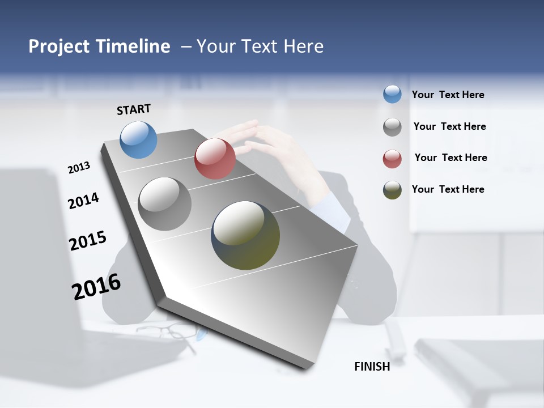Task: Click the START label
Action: click(x=134, y=109)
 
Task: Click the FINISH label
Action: click(x=372, y=367)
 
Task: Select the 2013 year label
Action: click(x=79, y=168)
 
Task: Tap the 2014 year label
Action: click(x=83, y=201)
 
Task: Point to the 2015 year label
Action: click(x=88, y=240)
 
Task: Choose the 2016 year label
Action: click(x=96, y=287)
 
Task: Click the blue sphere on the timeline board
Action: click(x=139, y=139)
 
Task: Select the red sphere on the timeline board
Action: click(x=215, y=158)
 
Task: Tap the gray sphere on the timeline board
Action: click(x=165, y=204)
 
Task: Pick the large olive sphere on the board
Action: click(x=245, y=235)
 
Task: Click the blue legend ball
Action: click(x=392, y=94)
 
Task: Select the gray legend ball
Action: click(x=392, y=127)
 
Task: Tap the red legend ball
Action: click(x=392, y=159)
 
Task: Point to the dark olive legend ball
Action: click(x=392, y=190)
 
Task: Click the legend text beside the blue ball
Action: click(x=448, y=95)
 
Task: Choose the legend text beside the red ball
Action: click(x=450, y=158)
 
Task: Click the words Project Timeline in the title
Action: click(x=99, y=46)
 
